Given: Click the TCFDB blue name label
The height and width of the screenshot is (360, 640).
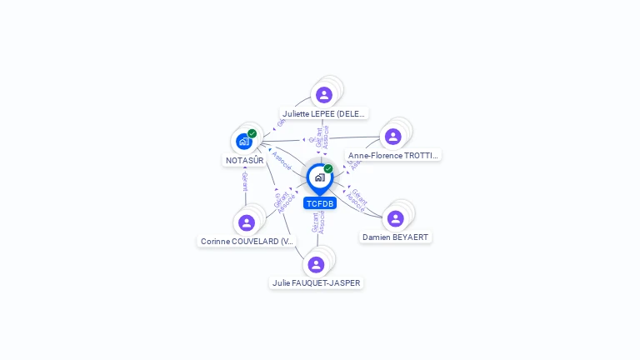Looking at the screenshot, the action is (x=320, y=203).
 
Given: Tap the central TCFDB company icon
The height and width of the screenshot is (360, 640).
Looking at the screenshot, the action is (x=319, y=177).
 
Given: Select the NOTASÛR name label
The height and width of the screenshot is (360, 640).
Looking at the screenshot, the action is (x=245, y=160).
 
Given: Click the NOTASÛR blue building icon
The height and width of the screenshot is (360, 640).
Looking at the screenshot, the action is (x=244, y=142).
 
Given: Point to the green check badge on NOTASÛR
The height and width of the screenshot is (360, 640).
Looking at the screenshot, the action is (x=252, y=133).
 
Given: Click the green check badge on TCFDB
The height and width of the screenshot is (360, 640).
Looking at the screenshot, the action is (x=328, y=169).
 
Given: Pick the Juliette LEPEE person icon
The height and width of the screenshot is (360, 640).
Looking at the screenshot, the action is (x=324, y=95).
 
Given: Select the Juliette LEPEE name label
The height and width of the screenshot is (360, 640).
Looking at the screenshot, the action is (x=324, y=113).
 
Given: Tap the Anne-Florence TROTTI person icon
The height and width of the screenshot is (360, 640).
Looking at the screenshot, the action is (x=392, y=137).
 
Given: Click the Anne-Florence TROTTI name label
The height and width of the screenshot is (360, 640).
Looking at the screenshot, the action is (x=394, y=155).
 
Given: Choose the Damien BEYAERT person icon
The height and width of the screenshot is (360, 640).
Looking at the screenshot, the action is (x=396, y=218).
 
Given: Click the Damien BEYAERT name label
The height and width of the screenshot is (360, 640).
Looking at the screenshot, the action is (x=396, y=237).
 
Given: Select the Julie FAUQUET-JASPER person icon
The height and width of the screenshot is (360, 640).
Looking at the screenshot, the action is (x=316, y=265).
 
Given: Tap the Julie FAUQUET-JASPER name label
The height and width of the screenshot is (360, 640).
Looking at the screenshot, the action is (x=317, y=282).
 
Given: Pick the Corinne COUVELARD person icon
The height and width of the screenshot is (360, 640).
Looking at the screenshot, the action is (x=246, y=222).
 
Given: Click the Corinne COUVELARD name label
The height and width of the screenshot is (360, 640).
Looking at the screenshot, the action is (x=247, y=241).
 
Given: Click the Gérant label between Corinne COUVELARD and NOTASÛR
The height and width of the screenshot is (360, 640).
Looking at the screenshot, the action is (x=245, y=182).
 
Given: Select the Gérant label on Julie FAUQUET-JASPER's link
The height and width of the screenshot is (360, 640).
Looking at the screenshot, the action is (x=315, y=222).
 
